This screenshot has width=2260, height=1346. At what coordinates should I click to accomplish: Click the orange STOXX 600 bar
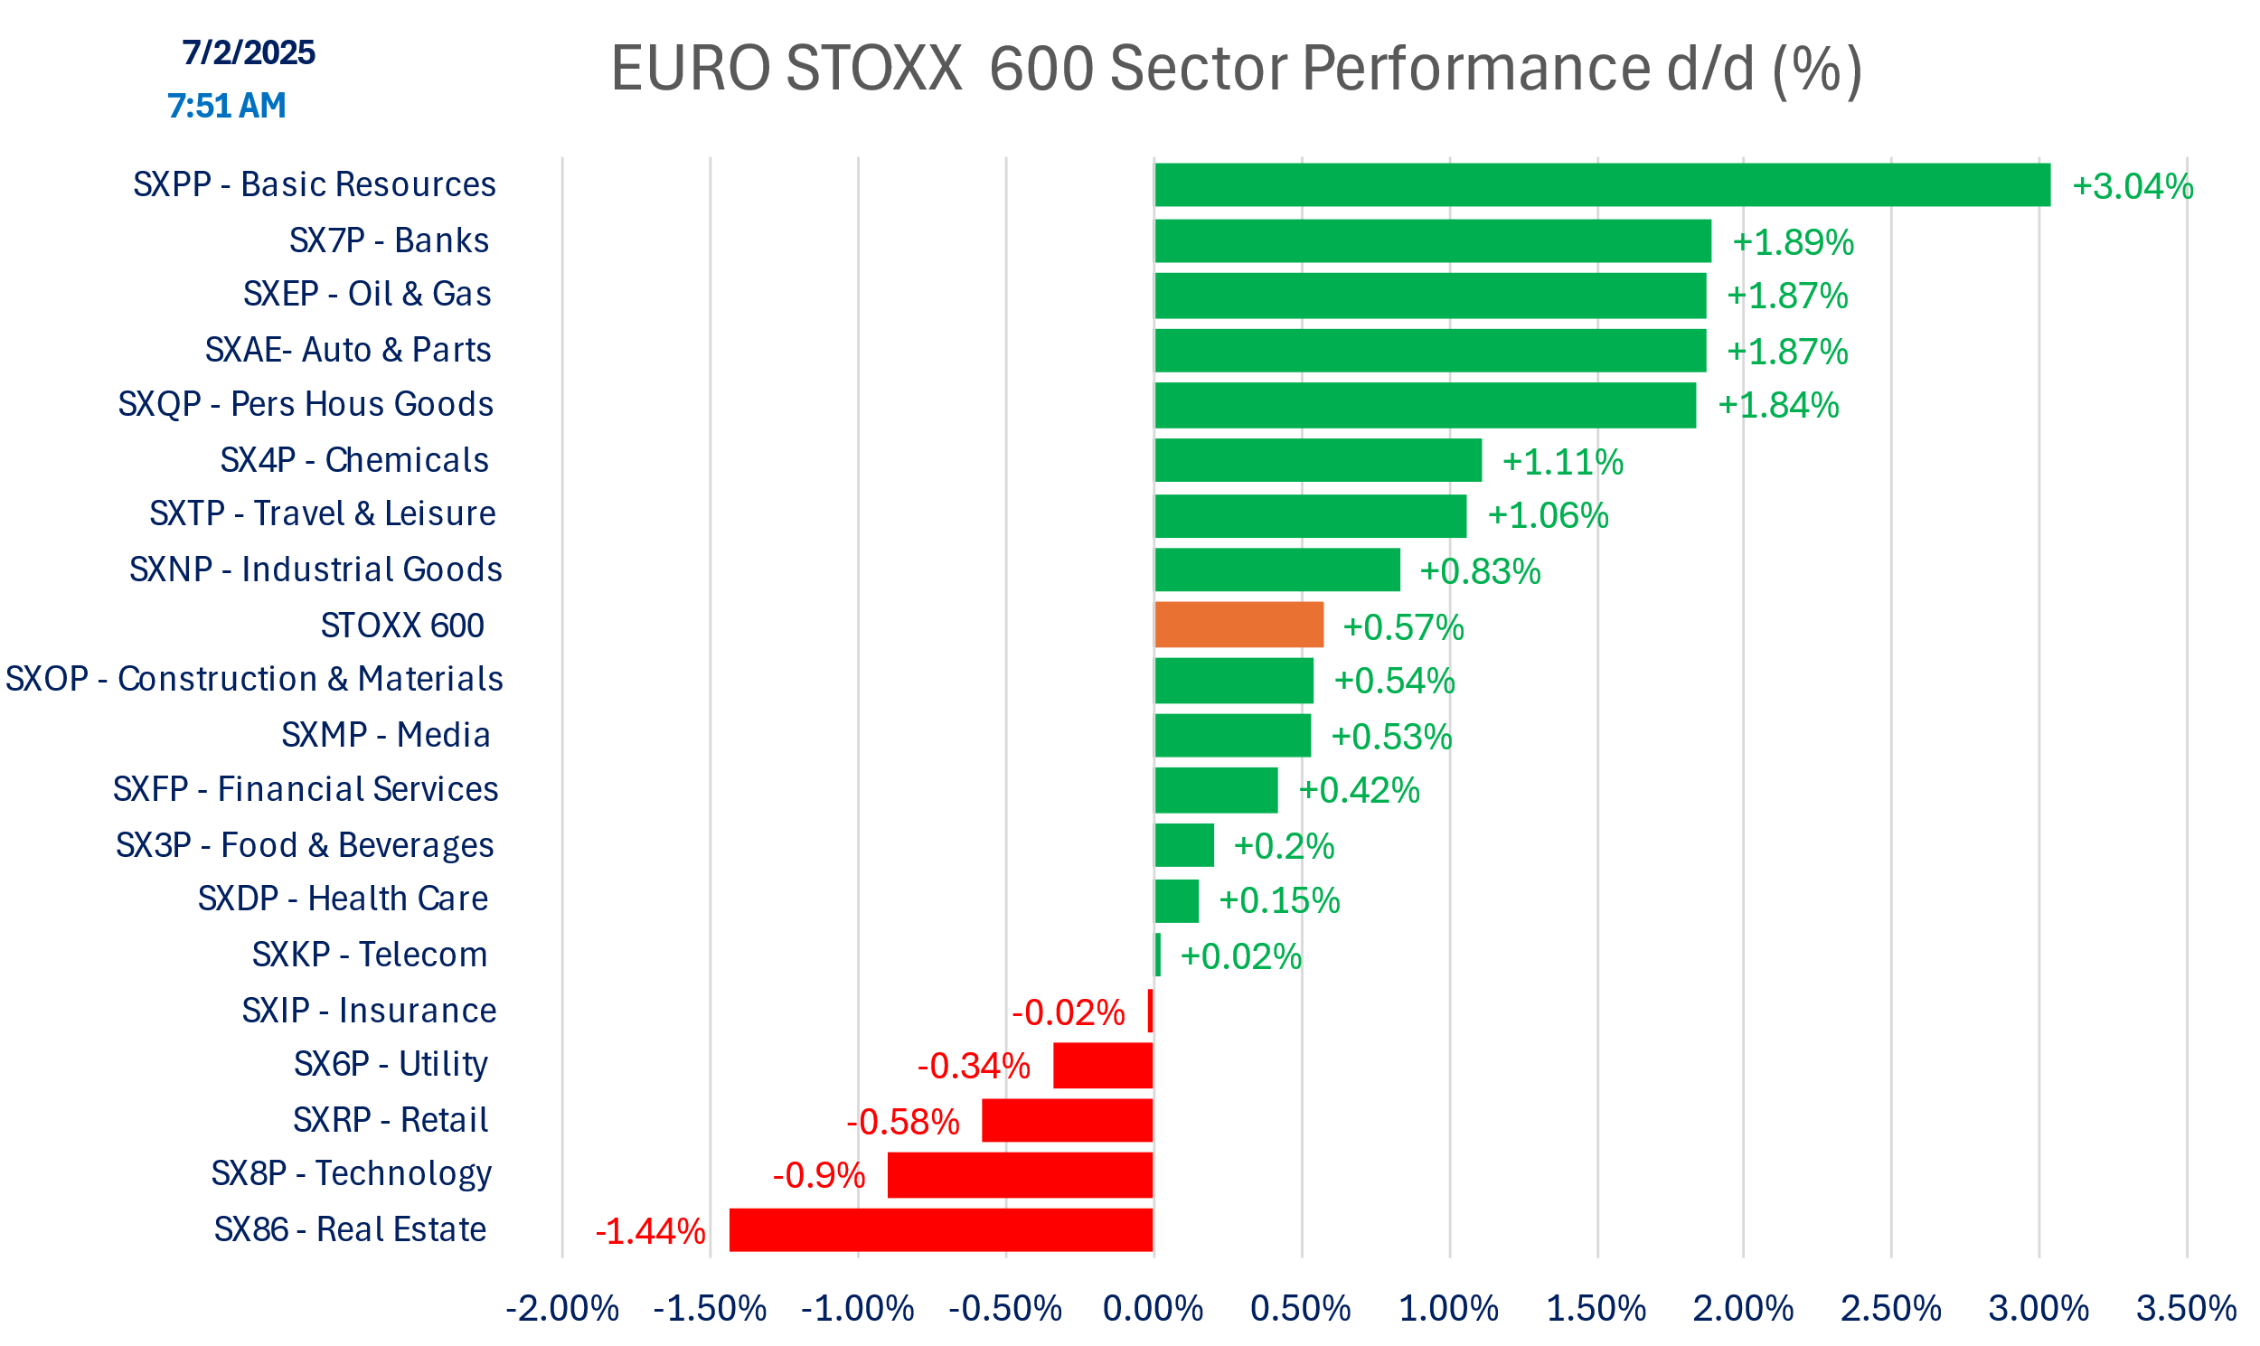(x=1238, y=625)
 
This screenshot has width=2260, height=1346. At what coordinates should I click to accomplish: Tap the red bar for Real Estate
(x=940, y=1230)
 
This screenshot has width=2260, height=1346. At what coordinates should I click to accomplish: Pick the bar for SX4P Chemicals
(x=1318, y=461)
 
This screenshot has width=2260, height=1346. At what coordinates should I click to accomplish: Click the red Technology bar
(x=1021, y=1175)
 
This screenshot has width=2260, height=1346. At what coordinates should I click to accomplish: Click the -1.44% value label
(x=650, y=1232)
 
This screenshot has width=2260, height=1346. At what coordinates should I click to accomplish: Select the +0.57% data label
(x=1403, y=627)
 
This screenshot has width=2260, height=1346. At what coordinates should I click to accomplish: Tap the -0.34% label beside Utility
(x=973, y=1067)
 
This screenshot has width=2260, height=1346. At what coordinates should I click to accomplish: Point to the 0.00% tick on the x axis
(x=1153, y=1309)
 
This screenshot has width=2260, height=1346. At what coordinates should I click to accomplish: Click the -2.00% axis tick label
(x=562, y=1309)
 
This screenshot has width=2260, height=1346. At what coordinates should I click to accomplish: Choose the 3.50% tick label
(x=2186, y=1309)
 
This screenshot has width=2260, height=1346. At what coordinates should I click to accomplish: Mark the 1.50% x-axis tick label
(x=1596, y=1309)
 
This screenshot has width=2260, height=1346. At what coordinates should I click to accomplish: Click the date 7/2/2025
(x=249, y=52)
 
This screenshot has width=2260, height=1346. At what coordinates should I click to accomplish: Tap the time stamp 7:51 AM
(x=227, y=106)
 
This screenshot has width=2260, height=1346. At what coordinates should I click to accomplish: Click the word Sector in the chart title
(x=1198, y=69)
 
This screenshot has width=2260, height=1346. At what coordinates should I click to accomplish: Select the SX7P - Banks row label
(x=389, y=240)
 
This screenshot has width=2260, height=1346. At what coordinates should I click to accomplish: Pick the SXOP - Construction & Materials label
(x=254, y=680)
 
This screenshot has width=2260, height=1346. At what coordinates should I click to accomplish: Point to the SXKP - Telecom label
(x=370, y=955)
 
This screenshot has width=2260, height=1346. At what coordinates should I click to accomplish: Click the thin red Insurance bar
(x=1150, y=1012)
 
